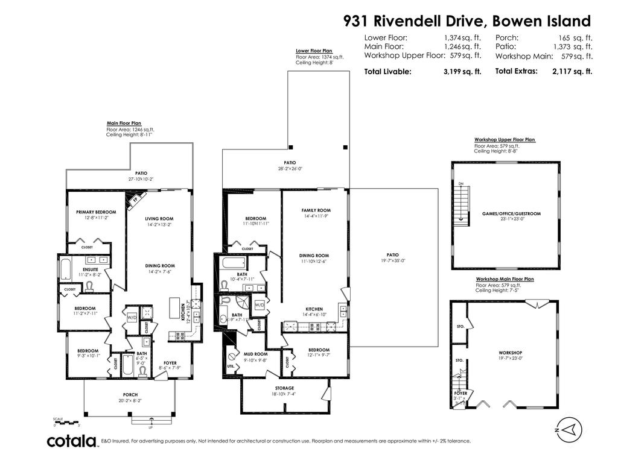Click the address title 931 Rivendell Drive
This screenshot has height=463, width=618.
[x=467, y=22]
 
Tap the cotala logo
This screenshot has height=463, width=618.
[x=72, y=441]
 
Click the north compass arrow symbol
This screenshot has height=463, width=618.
[x=573, y=429]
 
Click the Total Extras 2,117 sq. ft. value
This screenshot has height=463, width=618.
[x=572, y=71]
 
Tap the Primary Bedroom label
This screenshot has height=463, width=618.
[x=96, y=212]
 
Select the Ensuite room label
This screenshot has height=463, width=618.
[x=91, y=269]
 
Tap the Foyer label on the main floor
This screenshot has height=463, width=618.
[x=171, y=362]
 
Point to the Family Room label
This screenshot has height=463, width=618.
[x=316, y=210]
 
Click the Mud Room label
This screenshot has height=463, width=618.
[x=256, y=354]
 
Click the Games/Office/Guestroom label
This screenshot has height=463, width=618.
[x=511, y=214]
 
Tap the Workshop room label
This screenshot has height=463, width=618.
[x=510, y=353]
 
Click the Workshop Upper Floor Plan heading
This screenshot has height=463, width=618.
[x=505, y=140]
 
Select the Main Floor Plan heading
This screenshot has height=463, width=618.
[x=124, y=123]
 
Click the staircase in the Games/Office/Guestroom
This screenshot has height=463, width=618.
[x=462, y=205]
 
